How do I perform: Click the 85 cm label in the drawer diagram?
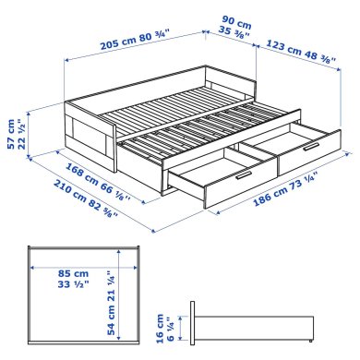(63, 273)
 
